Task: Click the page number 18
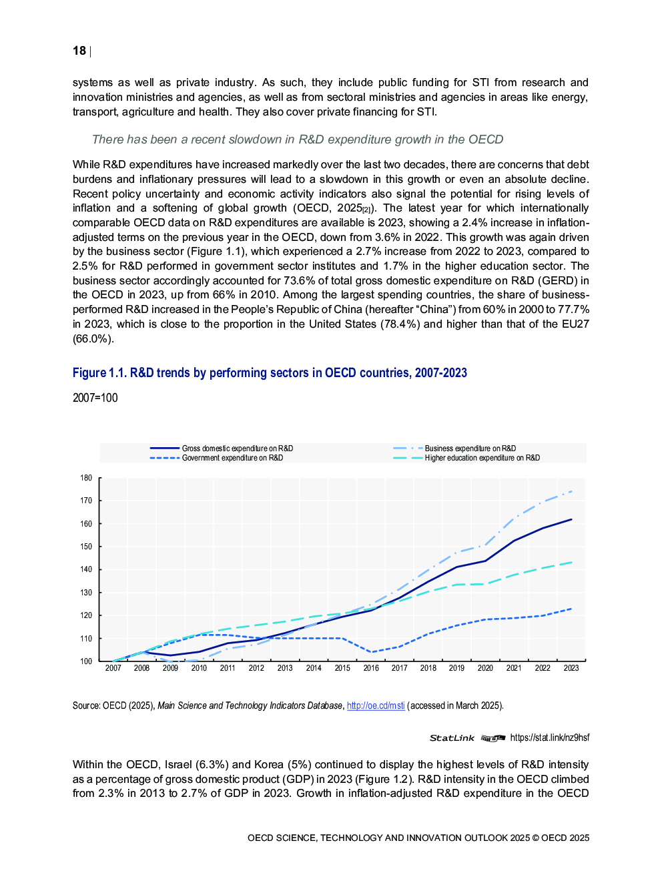tap(79, 51)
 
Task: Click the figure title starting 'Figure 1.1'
tap(270, 372)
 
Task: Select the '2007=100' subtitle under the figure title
tap(95, 398)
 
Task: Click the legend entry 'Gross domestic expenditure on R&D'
tap(237, 449)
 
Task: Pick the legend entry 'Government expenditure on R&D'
tap(232, 458)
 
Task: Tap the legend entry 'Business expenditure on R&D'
tap(470, 449)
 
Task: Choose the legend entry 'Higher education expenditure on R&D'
tap(482, 458)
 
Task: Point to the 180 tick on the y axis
tap(86, 478)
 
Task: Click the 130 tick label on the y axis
tap(86, 593)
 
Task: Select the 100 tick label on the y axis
tap(86, 661)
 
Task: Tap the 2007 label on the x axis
tap(113, 668)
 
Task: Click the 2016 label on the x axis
tap(371, 668)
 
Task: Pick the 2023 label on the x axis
tap(571, 668)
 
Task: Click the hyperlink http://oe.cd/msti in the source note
tap(376, 705)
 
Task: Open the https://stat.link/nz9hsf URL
tap(550, 738)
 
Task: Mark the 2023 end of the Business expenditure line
tap(571, 491)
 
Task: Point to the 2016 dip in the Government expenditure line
tap(371, 652)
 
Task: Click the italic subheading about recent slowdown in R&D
tap(298, 139)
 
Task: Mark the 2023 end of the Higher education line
tap(571, 563)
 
